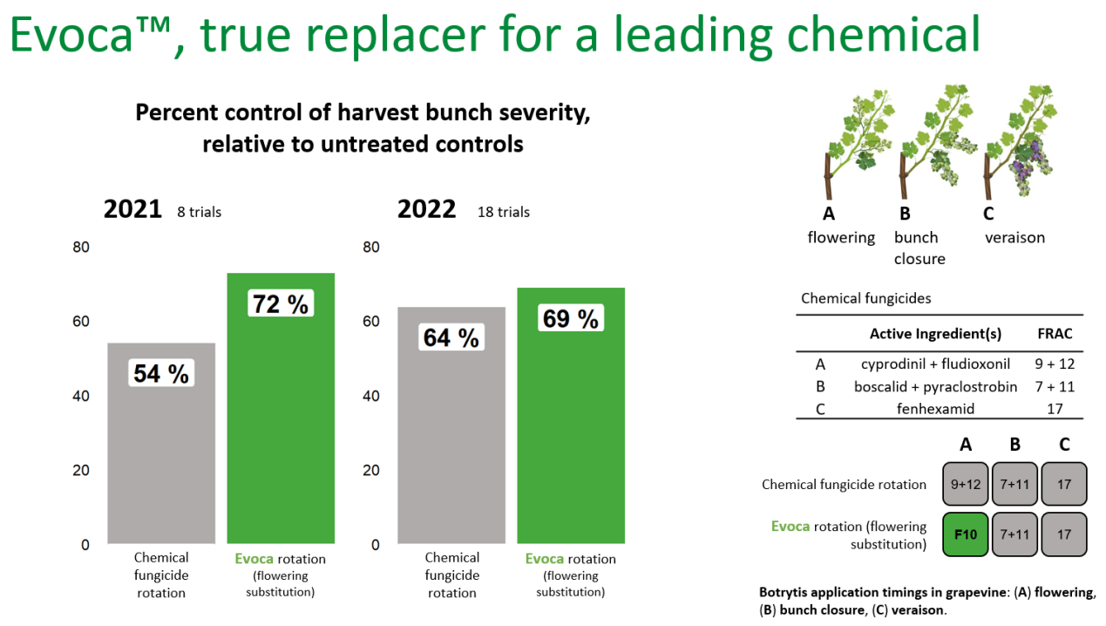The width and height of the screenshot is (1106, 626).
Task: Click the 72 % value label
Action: (x=280, y=304)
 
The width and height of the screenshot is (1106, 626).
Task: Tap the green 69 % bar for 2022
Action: (x=571, y=436)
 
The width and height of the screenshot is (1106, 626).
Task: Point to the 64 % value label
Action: (x=451, y=337)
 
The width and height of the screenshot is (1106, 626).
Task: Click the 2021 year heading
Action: (x=132, y=210)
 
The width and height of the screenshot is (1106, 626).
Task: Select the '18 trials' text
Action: (x=503, y=212)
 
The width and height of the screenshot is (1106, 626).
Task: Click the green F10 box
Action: (x=966, y=534)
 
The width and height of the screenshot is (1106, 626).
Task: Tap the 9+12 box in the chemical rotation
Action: (x=966, y=484)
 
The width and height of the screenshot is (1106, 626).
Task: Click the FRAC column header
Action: (x=1055, y=334)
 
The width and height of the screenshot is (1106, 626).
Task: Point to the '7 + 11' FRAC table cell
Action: (x=1055, y=386)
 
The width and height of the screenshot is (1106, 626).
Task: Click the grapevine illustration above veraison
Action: (x=1020, y=139)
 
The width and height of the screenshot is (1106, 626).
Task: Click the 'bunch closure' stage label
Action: (x=919, y=248)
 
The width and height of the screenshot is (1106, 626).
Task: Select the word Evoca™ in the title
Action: (x=88, y=37)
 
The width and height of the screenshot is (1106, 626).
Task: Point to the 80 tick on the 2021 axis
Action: (x=81, y=248)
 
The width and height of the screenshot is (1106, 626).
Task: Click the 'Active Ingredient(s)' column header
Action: (x=935, y=334)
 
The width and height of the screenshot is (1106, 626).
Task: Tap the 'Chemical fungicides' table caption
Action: (x=865, y=299)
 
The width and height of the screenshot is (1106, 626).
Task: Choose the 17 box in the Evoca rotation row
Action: (x=1064, y=534)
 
